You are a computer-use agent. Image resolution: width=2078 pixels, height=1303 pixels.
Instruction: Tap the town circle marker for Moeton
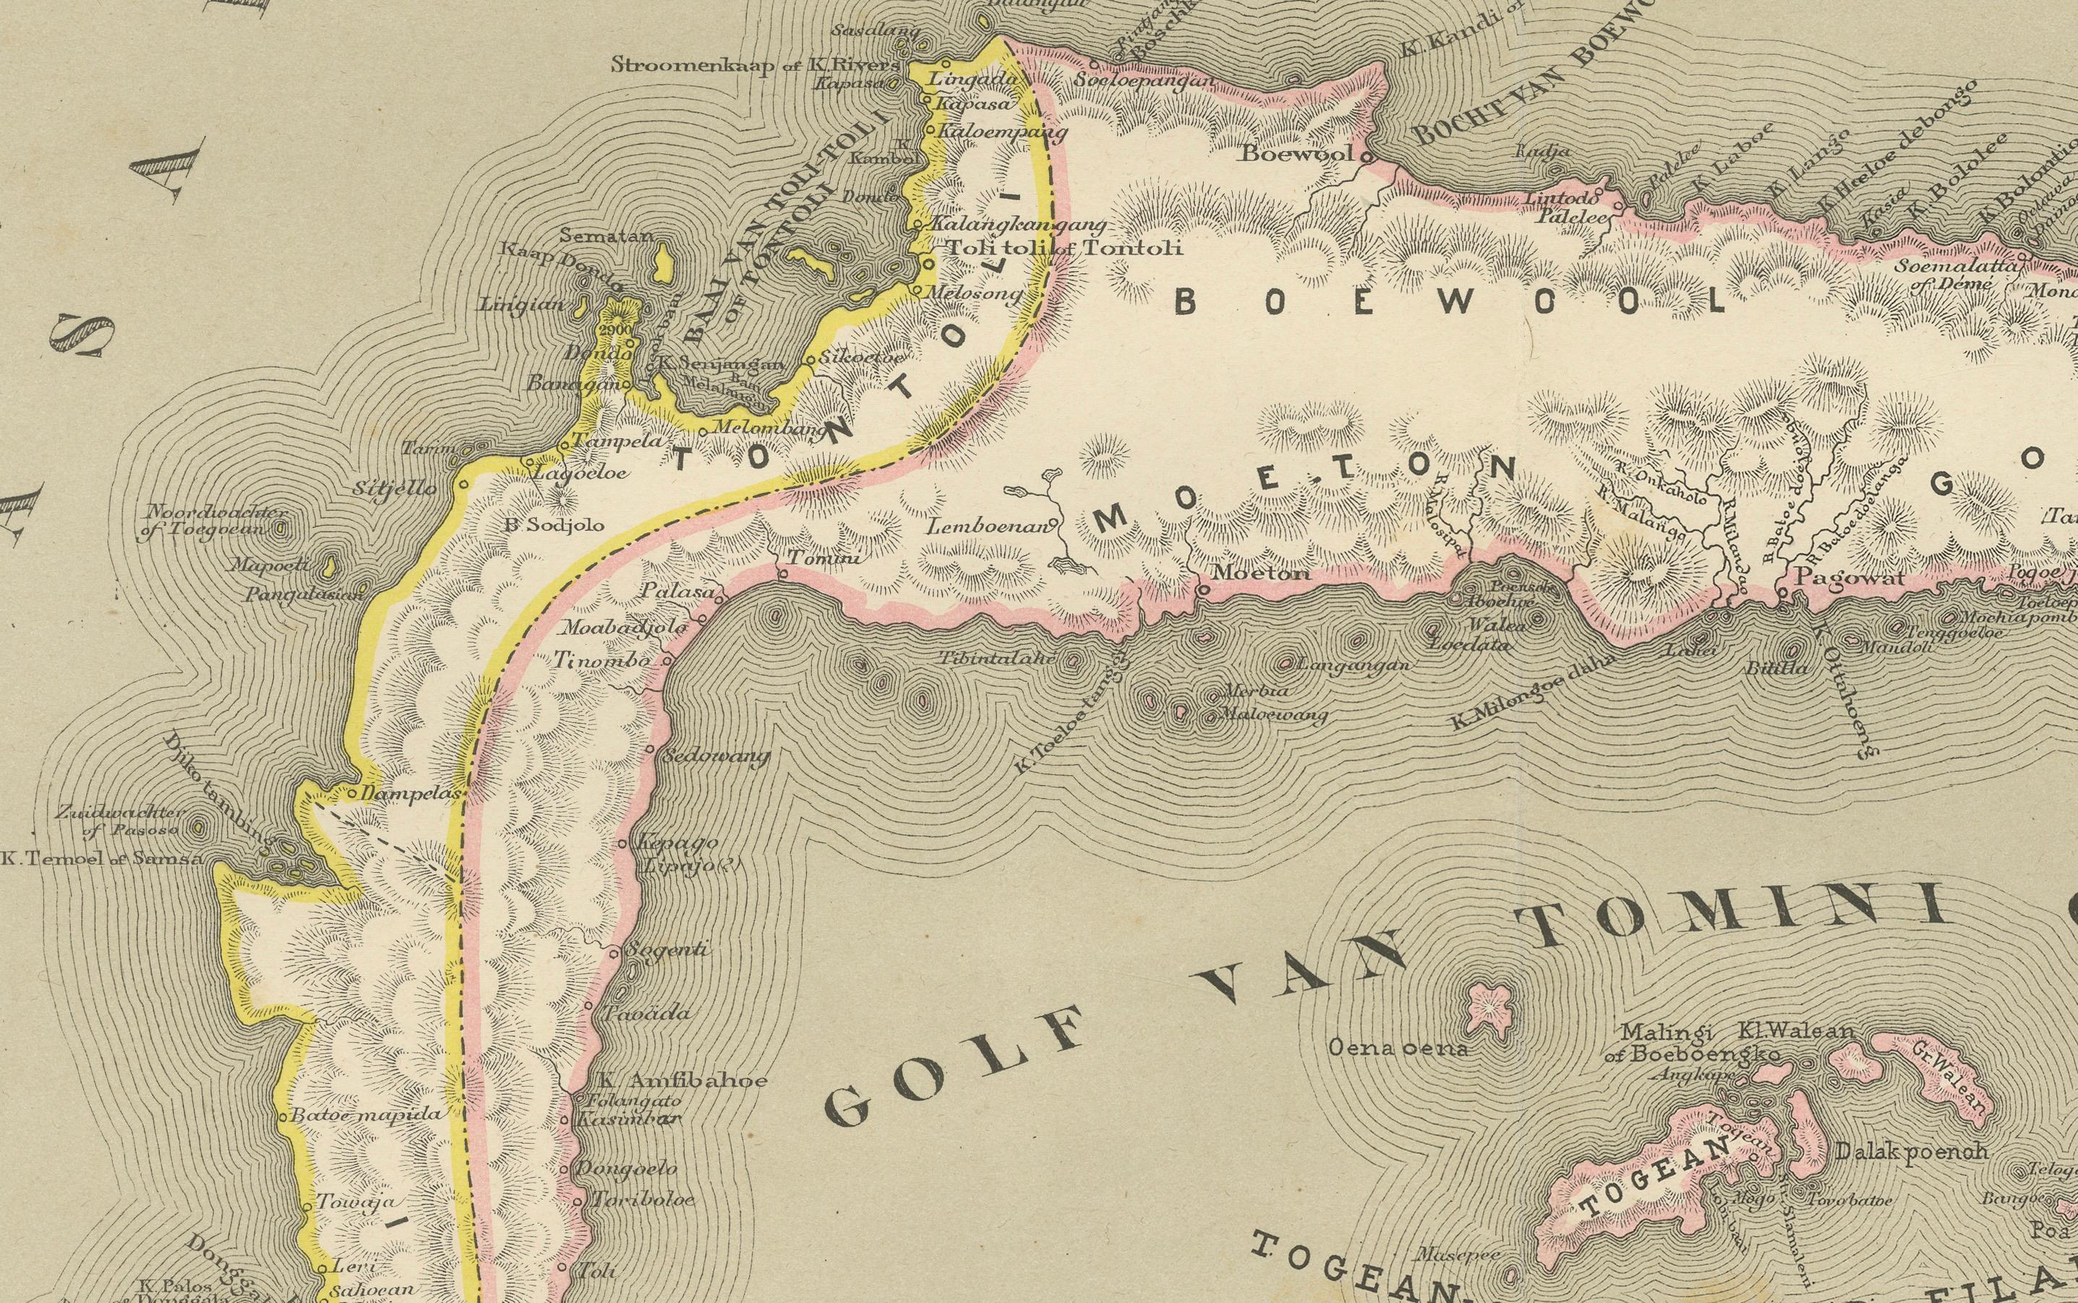(x=1202, y=590)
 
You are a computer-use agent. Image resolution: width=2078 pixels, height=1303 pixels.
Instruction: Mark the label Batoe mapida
(x=368, y=1114)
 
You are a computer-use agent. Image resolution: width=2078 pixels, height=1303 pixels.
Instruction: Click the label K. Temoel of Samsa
(x=102, y=859)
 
